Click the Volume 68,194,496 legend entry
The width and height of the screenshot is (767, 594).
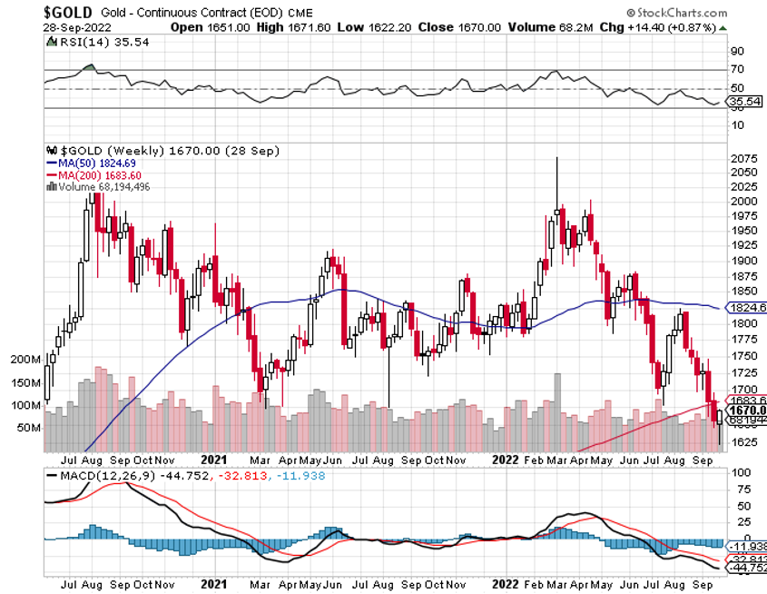coord(102,186)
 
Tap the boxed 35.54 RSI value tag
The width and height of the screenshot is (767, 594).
coord(746,101)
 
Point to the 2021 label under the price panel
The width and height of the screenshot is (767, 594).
coord(213,459)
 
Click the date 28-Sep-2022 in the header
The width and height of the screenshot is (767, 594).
coord(74,26)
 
